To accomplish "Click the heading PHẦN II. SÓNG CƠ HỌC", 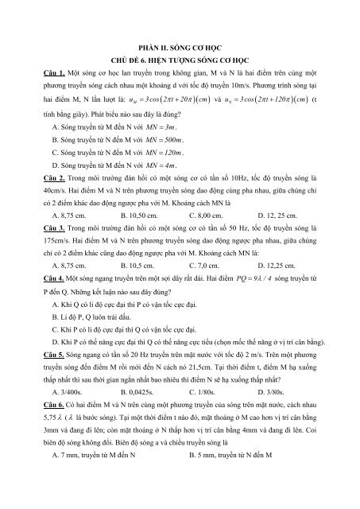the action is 180,47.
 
